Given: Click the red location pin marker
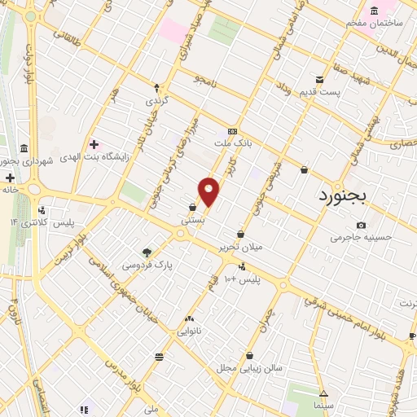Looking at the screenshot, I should [209, 191].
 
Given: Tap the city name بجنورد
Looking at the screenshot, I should [340, 196].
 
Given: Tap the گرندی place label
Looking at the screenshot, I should [156, 101].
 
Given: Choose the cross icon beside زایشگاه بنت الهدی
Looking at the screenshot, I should [94, 144].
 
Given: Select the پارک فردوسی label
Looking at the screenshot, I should [147, 266].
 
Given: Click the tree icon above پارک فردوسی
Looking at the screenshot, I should [147, 252].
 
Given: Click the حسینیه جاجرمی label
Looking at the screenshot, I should [361, 238].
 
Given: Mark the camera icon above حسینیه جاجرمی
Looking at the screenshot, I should [361, 225].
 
